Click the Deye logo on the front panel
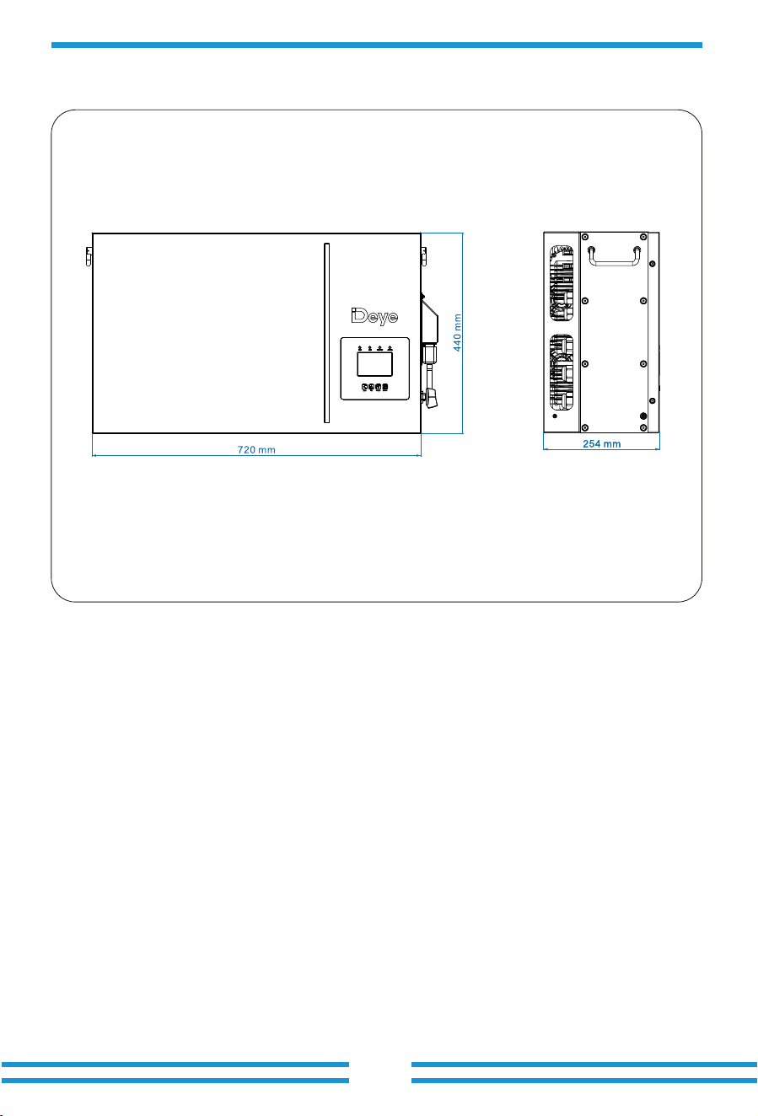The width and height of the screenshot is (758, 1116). (x=374, y=316)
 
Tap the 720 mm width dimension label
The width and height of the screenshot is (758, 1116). (x=256, y=450)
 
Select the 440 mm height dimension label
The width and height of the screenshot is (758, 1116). (x=457, y=332)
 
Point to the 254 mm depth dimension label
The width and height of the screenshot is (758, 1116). (x=601, y=443)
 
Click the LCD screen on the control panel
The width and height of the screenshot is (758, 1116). (x=374, y=363)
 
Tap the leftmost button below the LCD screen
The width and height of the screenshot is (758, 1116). (x=364, y=387)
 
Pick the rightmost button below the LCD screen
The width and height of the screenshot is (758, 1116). (x=385, y=387)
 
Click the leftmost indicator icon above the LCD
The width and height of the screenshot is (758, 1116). (x=360, y=348)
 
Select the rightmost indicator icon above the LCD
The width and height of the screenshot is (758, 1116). (x=390, y=348)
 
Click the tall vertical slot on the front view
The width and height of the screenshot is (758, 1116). (x=327, y=333)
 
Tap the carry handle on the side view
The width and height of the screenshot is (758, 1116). (x=614, y=255)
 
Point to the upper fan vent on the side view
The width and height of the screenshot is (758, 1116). (x=562, y=282)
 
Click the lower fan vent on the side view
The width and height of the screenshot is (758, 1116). (x=562, y=372)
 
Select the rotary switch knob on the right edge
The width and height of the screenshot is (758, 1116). (x=431, y=398)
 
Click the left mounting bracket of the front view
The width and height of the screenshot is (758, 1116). (x=89, y=256)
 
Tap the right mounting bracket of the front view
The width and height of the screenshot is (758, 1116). (x=423, y=256)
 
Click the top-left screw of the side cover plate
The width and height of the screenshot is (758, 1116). (x=585, y=237)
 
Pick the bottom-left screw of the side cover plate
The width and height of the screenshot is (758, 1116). (x=585, y=427)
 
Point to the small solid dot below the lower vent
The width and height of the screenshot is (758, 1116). (x=555, y=416)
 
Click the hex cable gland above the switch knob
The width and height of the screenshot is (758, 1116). (x=429, y=352)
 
